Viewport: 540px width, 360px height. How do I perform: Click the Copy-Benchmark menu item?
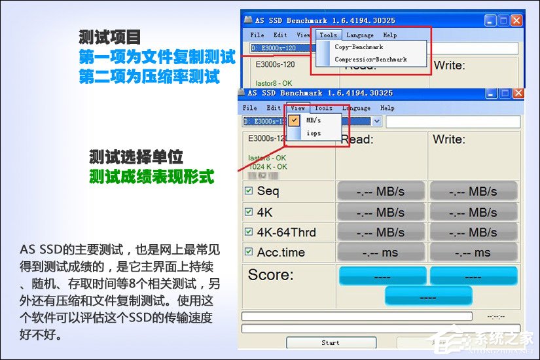point(359,47)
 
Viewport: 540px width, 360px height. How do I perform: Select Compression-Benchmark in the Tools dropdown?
point(370,60)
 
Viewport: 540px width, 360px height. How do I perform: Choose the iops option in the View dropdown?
point(314,133)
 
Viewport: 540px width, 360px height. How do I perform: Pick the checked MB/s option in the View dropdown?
point(314,120)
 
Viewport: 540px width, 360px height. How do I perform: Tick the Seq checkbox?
point(249,191)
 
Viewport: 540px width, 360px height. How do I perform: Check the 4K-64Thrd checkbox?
point(249,232)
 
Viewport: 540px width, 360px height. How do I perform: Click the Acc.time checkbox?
point(249,252)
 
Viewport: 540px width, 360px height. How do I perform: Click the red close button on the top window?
point(516,20)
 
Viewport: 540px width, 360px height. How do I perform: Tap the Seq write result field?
point(473,192)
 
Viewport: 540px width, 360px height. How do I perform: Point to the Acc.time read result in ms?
point(380,253)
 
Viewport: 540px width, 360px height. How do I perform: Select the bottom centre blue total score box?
point(428,296)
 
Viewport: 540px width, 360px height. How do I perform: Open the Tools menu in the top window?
point(329,35)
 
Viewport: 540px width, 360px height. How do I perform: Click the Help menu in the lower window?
point(387,108)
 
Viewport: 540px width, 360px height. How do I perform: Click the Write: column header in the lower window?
point(448,139)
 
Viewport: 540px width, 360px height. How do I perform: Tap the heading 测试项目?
point(109,37)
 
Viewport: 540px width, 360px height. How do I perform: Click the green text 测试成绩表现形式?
point(152,177)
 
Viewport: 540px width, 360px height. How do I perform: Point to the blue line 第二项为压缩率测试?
point(149,77)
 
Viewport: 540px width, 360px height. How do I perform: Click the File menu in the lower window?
point(250,108)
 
